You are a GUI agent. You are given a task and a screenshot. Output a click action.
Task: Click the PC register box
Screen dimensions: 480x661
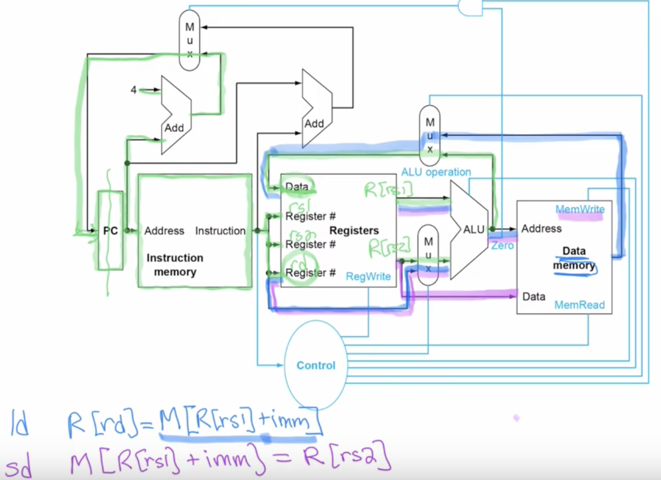pos(111,231)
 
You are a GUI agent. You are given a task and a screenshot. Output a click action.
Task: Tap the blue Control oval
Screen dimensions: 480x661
pos(316,365)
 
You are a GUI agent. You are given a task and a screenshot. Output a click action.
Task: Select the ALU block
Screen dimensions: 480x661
pos(470,229)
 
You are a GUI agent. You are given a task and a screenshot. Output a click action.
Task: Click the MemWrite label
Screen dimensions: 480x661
pos(580,210)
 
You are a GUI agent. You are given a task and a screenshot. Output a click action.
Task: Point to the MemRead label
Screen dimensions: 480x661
pos(579,305)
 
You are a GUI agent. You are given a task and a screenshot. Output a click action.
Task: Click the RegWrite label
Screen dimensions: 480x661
pos(368,276)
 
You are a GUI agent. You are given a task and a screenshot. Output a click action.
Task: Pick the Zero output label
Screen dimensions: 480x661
pos(502,245)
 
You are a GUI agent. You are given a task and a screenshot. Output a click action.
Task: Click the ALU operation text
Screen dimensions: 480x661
pos(436,172)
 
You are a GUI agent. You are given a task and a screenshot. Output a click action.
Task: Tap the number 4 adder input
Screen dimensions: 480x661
pos(134,90)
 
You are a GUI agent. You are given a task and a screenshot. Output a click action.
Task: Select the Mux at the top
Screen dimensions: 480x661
pos(189,40)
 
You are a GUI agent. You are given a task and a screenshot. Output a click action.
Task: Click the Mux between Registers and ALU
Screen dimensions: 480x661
pos(428,255)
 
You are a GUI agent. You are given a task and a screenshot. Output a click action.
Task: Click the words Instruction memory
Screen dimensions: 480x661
pos(174,264)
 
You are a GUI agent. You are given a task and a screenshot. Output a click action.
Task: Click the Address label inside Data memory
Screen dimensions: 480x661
pos(541,228)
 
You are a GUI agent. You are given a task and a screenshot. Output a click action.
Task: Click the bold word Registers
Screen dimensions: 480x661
pos(354,230)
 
